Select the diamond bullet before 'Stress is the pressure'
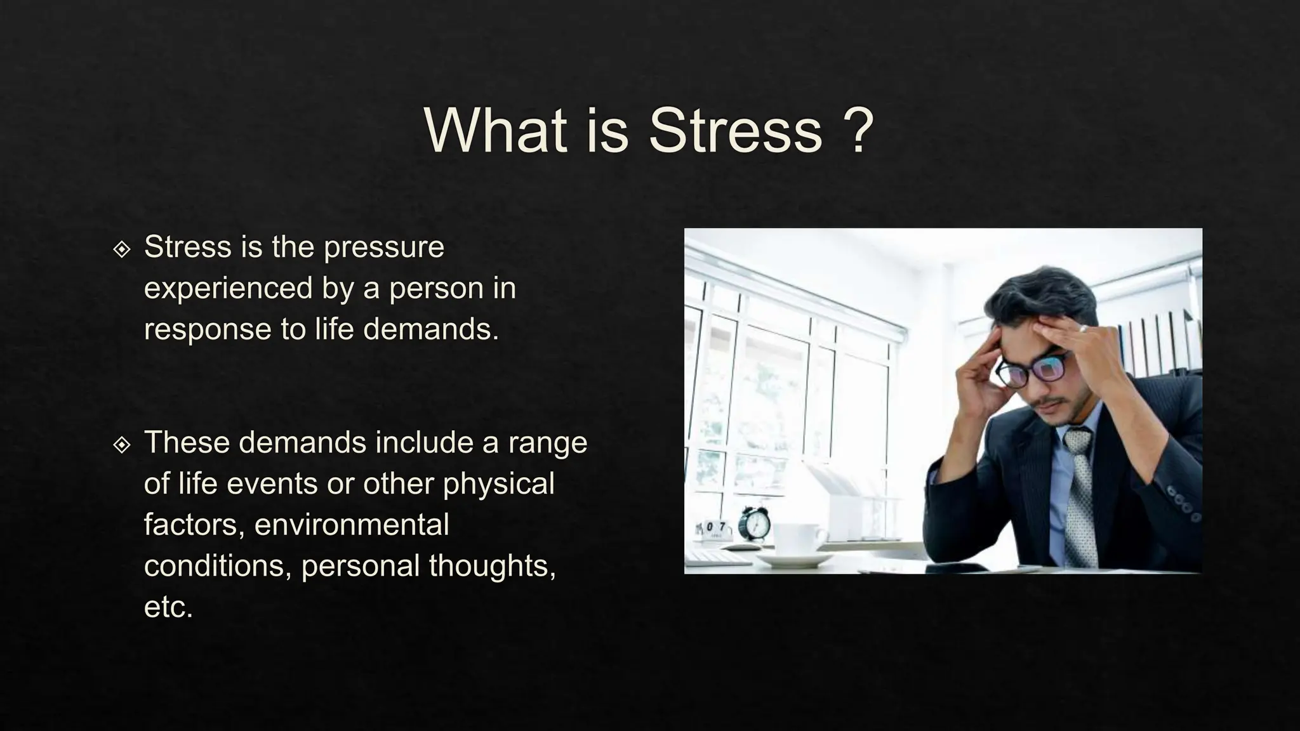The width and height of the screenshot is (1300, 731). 121,249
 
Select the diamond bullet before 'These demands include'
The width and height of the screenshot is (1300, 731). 121,445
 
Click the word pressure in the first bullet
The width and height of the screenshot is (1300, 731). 383,247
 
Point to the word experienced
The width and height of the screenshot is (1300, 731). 229,289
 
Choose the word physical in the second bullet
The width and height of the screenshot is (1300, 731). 498,484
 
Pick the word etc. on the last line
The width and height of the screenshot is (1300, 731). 168,607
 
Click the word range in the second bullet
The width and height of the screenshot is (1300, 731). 547,443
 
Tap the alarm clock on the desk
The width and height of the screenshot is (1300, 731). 755,524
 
